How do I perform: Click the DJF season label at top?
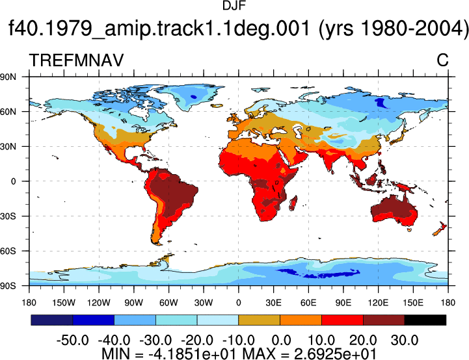(x=234, y=6)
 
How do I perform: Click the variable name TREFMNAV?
(x=76, y=60)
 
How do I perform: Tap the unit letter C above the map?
(x=442, y=60)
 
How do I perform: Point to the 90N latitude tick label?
(x=8, y=77)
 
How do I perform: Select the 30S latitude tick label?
(x=8, y=216)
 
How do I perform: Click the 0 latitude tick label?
(x=13, y=181)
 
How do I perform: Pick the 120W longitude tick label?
(x=99, y=303)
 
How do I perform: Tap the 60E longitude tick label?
(x=308, y=303)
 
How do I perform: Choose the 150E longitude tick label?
(x=413, y=303)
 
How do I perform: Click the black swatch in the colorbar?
(x=425, y=320)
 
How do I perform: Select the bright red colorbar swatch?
(x=342, y=320)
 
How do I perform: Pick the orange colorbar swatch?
(x=301, y=320)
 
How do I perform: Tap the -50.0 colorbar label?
(x=73, y=340)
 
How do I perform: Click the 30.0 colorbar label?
(x=405, y=340)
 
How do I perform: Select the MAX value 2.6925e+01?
(x=335, y=354)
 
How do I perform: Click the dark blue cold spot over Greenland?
(x=194, y=96)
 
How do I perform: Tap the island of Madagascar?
(x=293, y=203)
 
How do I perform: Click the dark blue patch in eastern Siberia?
(x=381, y=103)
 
